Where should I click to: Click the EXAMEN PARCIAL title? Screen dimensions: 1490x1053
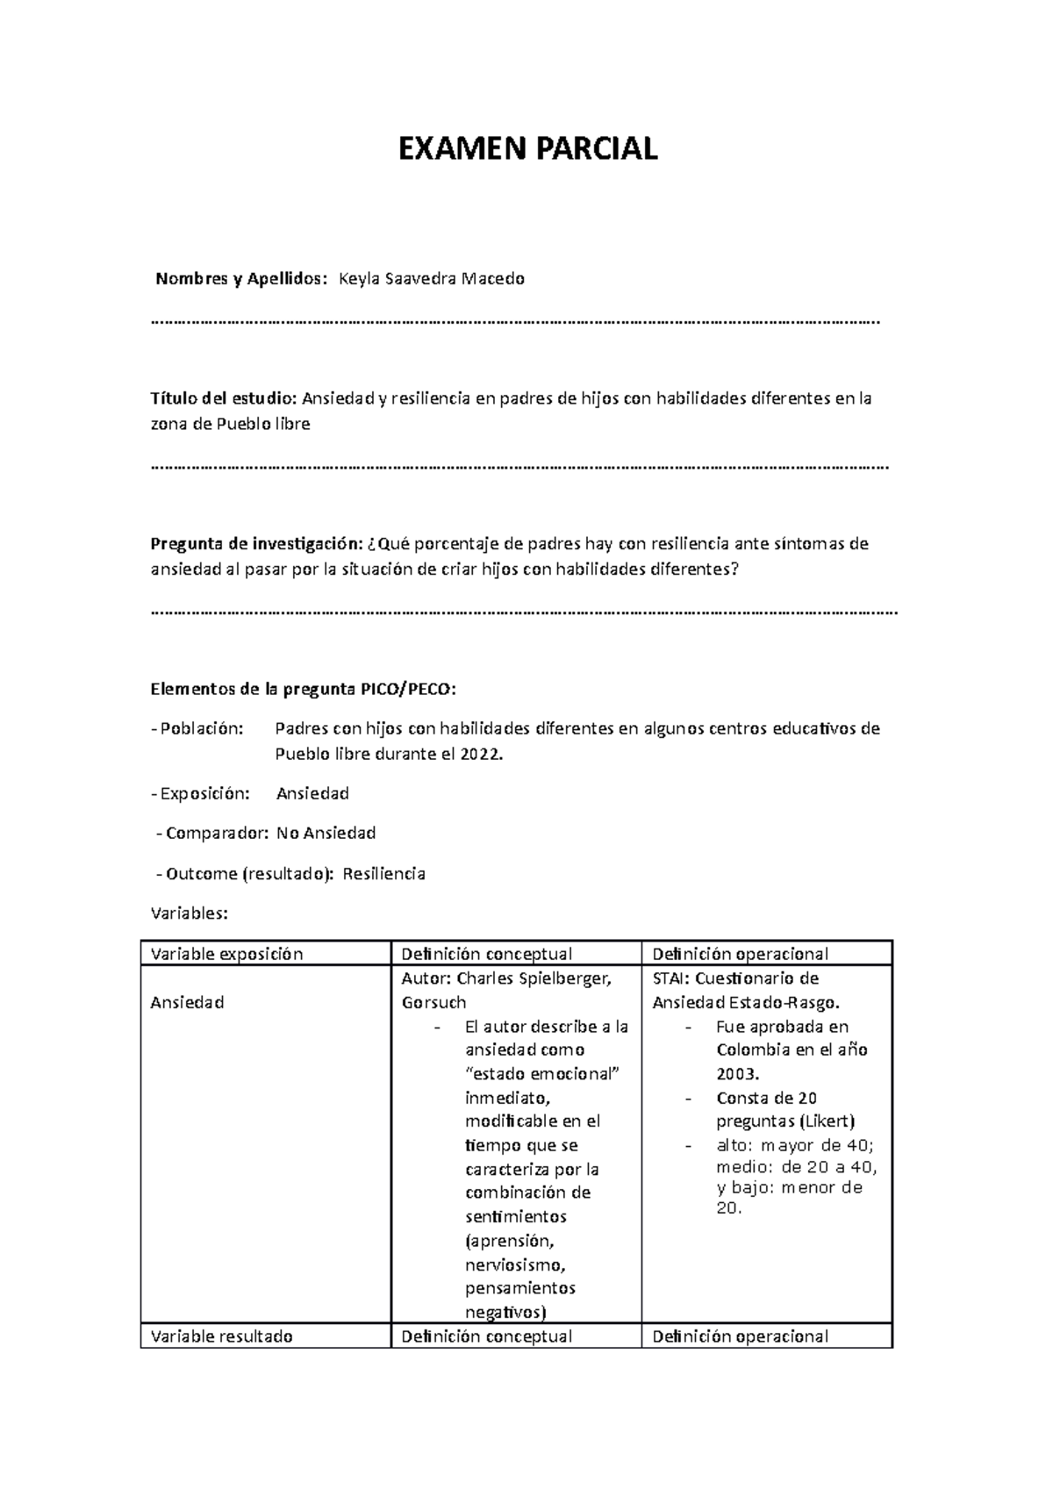[527, 149]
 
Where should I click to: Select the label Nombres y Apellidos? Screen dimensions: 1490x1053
[240, 279]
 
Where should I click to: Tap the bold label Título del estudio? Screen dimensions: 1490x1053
[224, 399]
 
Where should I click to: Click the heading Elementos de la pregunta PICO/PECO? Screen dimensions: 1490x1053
[304, 689]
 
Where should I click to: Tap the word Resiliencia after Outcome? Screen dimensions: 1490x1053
[384, 874]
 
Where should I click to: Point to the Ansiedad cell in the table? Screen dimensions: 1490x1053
[187, 1002]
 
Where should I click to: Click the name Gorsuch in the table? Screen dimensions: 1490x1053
[433, 1002]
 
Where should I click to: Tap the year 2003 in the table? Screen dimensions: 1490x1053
[737, 1074]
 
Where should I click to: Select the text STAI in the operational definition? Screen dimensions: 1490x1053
[670, 978]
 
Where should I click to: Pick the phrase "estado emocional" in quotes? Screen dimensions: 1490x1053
[542, 1074]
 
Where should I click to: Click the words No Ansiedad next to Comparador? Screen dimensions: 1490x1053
[326, 833]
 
